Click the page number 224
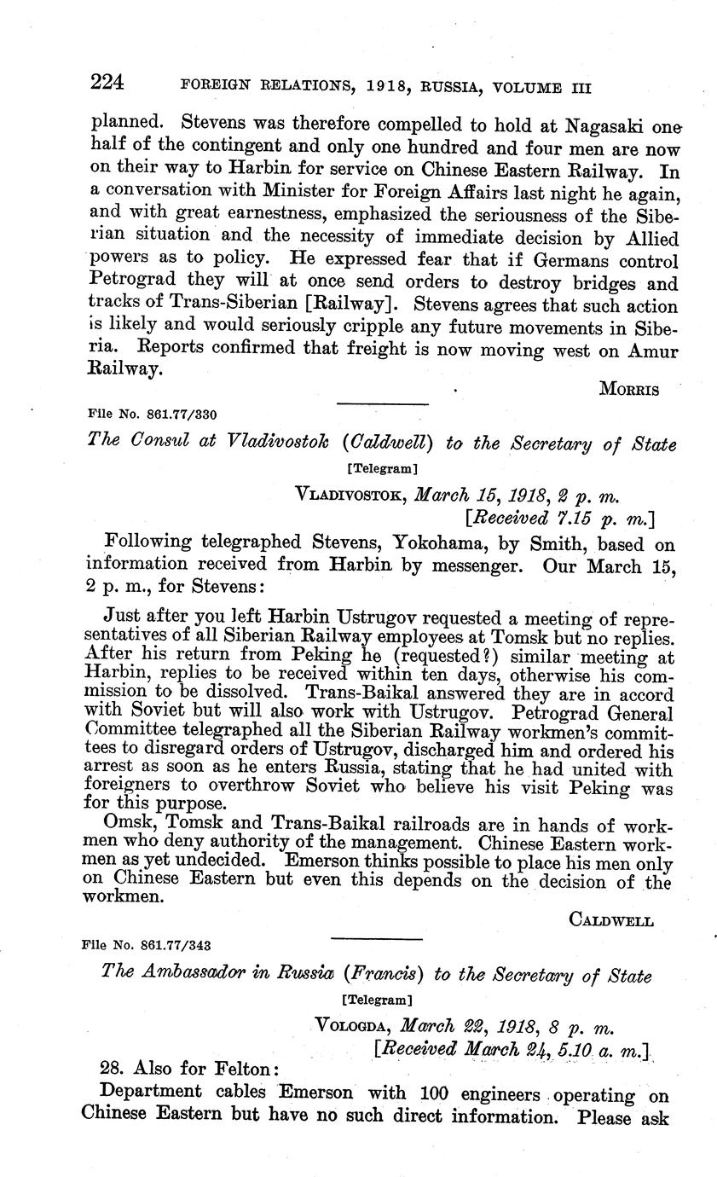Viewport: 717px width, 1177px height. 107,83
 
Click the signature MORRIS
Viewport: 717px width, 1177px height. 629,390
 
